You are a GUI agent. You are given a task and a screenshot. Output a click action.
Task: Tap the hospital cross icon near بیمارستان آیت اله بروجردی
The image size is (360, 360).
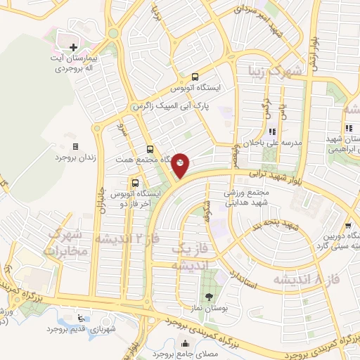73,46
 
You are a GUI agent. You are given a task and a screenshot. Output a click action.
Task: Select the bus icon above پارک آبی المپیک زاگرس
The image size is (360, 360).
195,77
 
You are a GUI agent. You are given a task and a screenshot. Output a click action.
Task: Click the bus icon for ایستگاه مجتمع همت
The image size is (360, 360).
150,149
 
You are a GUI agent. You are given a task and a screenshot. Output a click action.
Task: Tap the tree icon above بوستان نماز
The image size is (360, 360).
208,295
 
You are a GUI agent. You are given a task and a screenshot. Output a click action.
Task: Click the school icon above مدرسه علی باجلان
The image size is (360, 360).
272,131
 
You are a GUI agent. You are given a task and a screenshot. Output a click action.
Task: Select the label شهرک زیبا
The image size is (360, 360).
278,71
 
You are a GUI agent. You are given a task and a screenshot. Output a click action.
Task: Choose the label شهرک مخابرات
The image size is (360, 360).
63,242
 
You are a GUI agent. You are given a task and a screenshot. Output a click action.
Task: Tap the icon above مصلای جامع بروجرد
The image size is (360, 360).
186,345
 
